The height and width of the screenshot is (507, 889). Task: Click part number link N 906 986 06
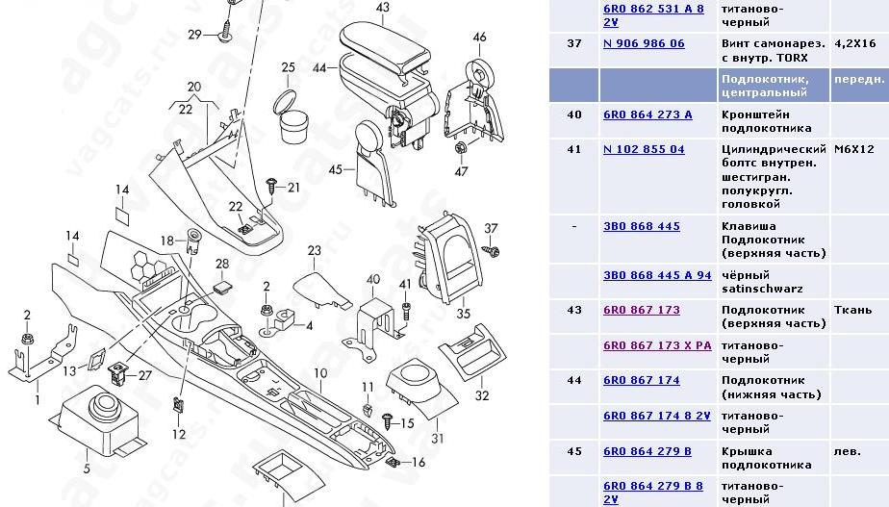[x=644, y=44]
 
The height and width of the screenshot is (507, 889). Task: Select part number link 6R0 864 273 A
[x=648, y=114]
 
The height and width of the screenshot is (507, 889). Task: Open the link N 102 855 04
[x=644, y=149]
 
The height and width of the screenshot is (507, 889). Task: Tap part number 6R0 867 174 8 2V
[x=657, y=415]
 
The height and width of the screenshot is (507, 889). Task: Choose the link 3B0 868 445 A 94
[x=657, y=274]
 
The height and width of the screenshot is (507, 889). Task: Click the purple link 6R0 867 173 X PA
[x=657, y=344]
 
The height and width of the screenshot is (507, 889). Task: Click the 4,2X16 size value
[x=854, y=44]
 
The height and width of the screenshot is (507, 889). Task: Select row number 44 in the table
[x=574, y=380]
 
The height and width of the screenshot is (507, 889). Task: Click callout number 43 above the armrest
[x=383, y=8]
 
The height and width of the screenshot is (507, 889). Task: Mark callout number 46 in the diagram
[x=479, y=38]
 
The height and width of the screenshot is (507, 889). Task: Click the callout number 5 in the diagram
[x=86, y=469]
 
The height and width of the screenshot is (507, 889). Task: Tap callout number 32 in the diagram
[x=482, y=395]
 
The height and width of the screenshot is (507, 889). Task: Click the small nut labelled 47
[x=461, y=148]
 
